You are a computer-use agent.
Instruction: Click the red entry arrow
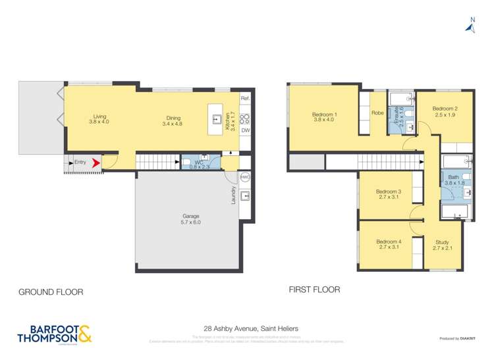pos(96,163)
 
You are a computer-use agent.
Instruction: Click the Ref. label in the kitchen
pos(245,98)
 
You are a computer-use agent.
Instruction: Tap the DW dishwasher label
pos(245,131)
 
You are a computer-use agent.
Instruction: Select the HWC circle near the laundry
pos(245,178)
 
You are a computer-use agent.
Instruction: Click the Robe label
pos(377,113)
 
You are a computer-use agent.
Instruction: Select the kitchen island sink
pos(216,119)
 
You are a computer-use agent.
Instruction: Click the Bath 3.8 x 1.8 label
pos(454,180)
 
